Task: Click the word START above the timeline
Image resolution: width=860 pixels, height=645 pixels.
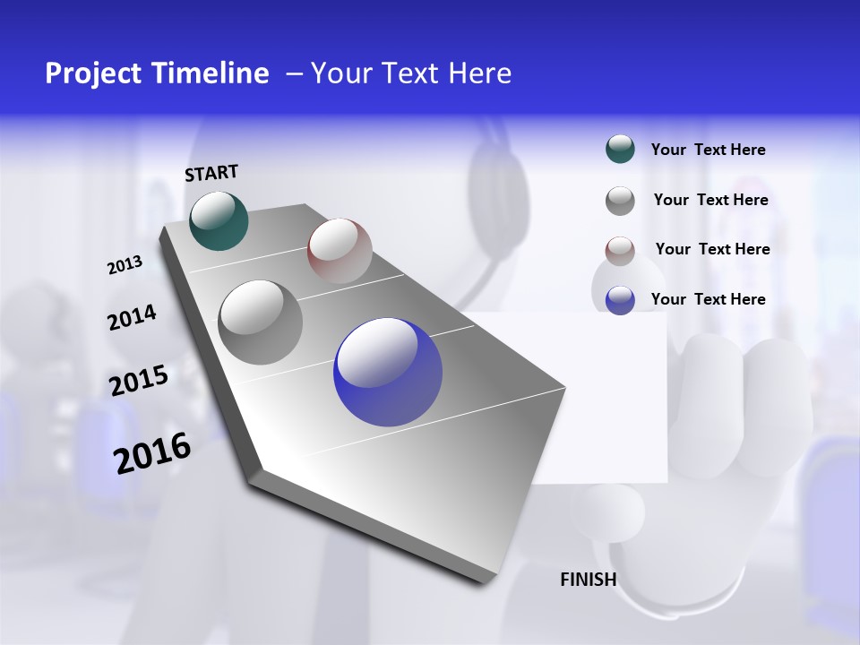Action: tap(211, 172)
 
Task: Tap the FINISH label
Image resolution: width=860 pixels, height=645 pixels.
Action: tap(589, 580)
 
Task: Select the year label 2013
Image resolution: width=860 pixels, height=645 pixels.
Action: tap(125, 265)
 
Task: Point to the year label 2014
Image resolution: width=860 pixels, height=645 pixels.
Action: tap(132, 318)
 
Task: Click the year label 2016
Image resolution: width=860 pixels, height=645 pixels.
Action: tap(152, 453)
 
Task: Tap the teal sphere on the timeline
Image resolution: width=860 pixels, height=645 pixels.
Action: tap(219, 220)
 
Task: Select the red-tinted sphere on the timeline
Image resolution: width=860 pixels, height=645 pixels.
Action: tap(340, 250)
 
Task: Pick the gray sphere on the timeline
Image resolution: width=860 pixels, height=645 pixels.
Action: tap(261, 322)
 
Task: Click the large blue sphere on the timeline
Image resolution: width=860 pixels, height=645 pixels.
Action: tap(388, 372)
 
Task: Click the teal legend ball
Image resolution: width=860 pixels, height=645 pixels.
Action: tap(620, 150)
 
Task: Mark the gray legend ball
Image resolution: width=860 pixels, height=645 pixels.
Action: tap(620, 201)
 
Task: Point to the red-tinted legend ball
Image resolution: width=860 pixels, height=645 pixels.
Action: tap(620, 250)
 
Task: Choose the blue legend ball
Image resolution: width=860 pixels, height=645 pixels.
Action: tap(620, 300)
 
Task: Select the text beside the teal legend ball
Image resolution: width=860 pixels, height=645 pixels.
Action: tap(709, 150)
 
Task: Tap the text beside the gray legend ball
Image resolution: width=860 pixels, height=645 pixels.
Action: tap(711, 200)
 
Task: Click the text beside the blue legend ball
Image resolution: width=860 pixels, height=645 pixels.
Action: tap(709, 299)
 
